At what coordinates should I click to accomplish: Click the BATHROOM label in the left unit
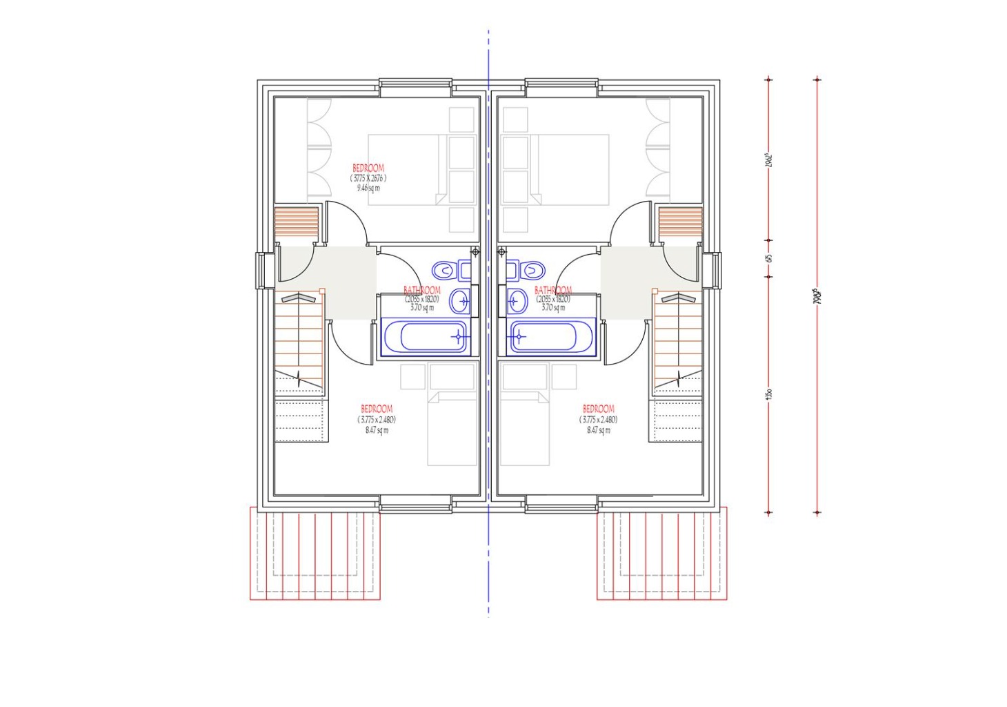click(x=421, y=291)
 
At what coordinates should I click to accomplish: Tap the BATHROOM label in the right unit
click(x=552, y=291)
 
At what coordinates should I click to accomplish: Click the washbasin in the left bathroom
click(x=460, y=301)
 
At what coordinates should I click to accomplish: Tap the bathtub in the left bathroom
click(x=424, y=337)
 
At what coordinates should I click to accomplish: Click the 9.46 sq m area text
click(x=368, y=188)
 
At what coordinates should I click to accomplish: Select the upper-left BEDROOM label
click(x=368, y=168)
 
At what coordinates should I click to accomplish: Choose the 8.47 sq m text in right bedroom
click(x=598, y=429)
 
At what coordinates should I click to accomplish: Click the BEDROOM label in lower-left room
click(x=377, y=409)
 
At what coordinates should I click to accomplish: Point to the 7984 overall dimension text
click(x=817, y=297)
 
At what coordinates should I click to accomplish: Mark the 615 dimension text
click(x=769, y=258)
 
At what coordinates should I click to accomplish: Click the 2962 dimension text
click(x=768, y=159)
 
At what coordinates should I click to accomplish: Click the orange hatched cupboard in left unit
click(x=297, y=222)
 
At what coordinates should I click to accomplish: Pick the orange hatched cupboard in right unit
click(x=680, y=222)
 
